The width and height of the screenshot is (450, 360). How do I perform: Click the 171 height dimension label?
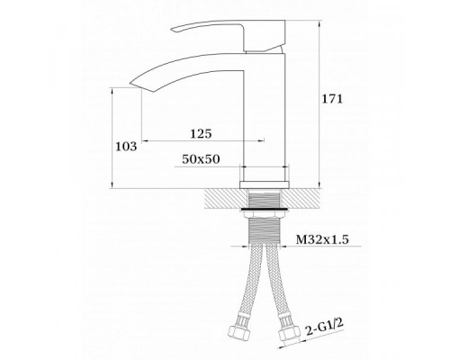[332, 99]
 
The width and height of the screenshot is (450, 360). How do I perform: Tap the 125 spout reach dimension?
[201, 133]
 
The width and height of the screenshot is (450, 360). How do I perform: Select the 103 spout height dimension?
[126, 147]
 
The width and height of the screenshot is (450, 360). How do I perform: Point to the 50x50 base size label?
[201, 159]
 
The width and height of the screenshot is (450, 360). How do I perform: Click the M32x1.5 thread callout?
[322, 239]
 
